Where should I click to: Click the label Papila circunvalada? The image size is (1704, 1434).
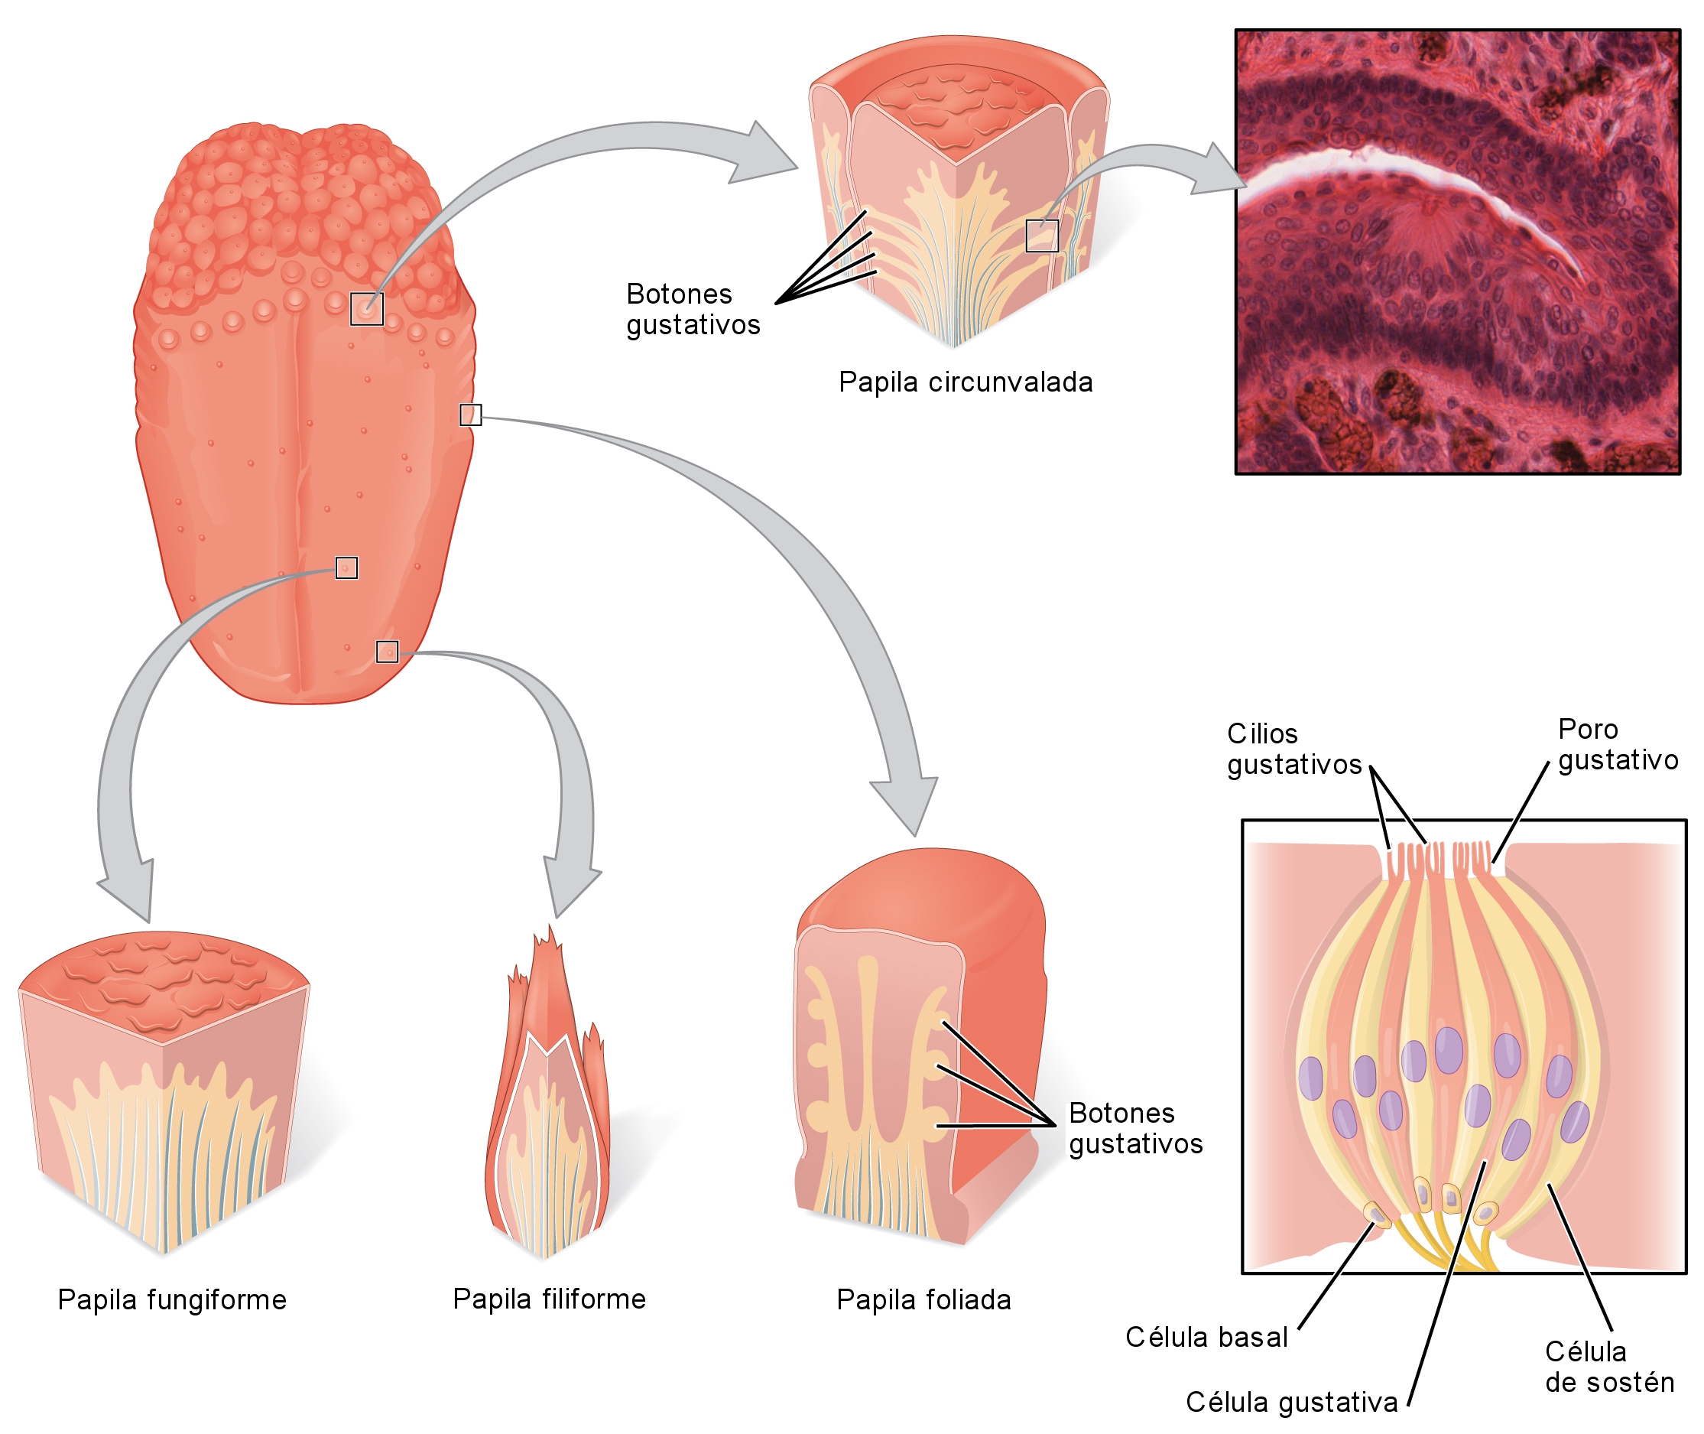pos(965,382)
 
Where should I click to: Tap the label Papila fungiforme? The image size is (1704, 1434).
pos(171,1299)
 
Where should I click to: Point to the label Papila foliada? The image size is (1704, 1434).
pos(923,1299)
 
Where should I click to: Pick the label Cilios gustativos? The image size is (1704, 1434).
pos(1293,749)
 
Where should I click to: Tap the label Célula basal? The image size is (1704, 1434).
pos(1206,1338)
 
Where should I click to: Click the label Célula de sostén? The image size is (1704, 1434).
pos(1608,1367)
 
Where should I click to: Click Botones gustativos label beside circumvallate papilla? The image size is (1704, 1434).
pos(693,309)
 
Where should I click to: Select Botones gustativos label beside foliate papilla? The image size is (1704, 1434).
pos(1134,1128)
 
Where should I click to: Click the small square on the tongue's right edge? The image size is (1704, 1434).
pos(470,415)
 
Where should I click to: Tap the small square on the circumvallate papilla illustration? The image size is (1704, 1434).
pos(1041,236)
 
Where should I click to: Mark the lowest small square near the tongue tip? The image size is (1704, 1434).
pos(387,651)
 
